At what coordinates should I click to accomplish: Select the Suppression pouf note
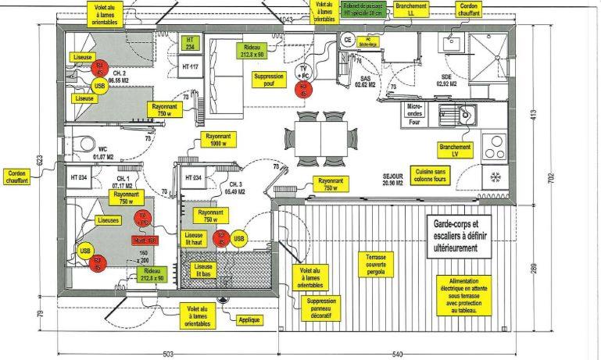tap(270, 80)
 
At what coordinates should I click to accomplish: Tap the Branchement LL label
tap(411, 9)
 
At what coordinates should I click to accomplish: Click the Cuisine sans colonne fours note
tap(431, 174)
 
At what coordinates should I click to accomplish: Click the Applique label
tap(249, 319)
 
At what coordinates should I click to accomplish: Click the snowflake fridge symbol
tap(495, 176)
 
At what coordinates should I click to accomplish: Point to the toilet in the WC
tap(81, 143)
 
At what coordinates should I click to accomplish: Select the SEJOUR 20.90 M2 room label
tap(392, 180)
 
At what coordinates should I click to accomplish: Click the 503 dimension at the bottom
tap(166, 355)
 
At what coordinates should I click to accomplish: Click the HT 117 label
tap(191, 67)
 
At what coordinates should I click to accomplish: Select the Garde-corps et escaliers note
tap(460, 236)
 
